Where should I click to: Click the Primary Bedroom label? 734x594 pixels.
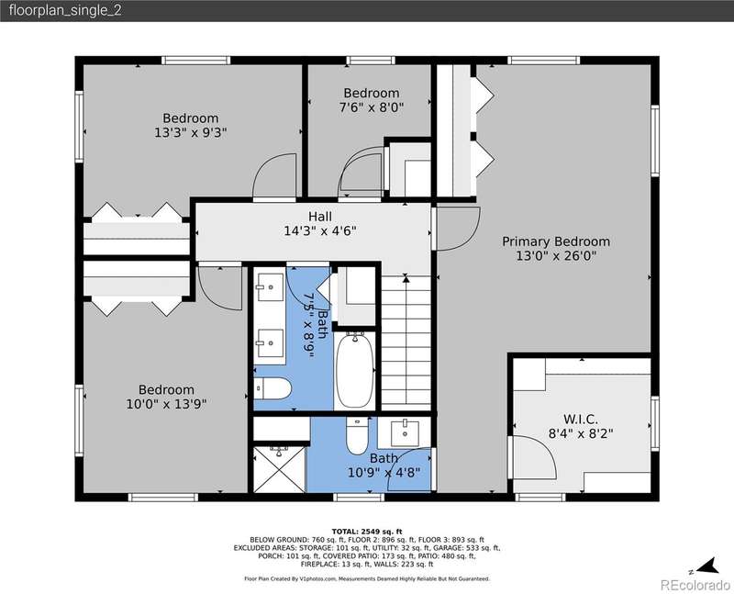(x=556, y=241)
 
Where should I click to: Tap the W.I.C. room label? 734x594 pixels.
(x=581, y=419)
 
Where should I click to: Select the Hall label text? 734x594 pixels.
(x=320, y=217)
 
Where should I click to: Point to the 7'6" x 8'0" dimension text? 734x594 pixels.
(x=372, y=107)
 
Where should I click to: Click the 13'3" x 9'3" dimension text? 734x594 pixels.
(x=191, y=133)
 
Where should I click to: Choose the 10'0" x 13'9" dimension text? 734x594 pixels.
(x=166, y=404)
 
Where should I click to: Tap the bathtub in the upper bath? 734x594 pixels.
(x=355, y=370)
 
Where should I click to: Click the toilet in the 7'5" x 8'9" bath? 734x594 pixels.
(x=272, y=389)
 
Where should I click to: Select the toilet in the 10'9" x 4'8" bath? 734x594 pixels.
(x=357, y=436)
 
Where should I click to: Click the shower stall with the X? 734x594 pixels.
(x=280, y=469)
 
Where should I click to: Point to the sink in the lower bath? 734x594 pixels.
(x=405, y=433)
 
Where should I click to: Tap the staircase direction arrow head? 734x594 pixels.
(x=406, y=279)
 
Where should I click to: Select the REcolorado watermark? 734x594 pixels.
(x=695, y=585)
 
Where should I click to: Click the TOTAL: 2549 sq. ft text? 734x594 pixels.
(x=367, y=532)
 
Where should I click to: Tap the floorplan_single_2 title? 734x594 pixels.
(x=65, y=11)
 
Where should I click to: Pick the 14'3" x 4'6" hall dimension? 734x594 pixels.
(x=320, y=231)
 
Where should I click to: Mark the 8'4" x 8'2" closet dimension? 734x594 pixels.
(x=581, y=433)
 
